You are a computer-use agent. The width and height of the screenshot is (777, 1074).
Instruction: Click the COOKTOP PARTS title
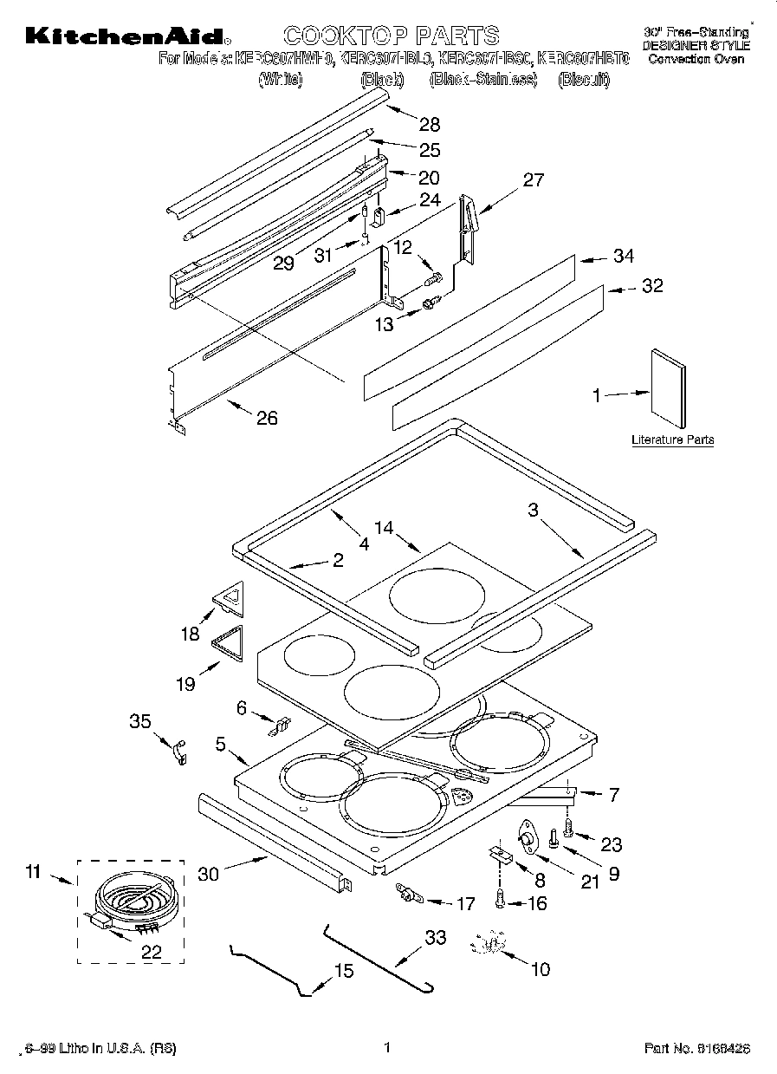coord(392,36)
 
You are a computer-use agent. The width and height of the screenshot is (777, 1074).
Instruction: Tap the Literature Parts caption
coord(672,440)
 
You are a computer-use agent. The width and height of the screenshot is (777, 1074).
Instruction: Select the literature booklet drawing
coord(669,389)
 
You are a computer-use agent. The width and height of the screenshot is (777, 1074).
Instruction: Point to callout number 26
coord(267,418)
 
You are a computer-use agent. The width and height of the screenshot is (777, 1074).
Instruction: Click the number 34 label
coord(623,257)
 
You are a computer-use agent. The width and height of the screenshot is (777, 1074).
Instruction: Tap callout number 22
coord(151,951)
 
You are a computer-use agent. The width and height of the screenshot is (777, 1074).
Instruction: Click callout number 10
coord(539,969)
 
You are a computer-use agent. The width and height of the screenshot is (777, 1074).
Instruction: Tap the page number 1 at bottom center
coord(388,1047)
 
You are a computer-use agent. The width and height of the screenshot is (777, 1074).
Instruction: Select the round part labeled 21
coord(525,837)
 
